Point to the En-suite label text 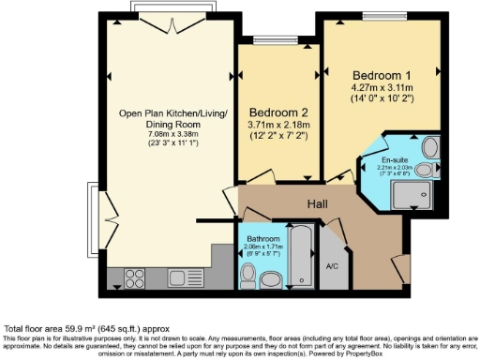(x=382, y=159)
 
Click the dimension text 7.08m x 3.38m (x=162, y=132)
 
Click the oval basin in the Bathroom (x=269, y=278)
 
